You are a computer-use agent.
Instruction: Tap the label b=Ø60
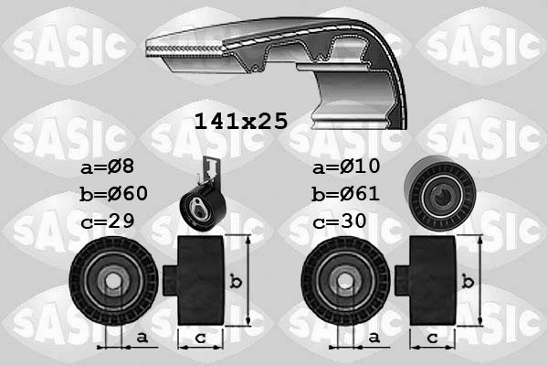(113, 194)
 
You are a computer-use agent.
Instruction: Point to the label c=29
(107, 222)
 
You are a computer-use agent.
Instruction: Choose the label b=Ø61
(345, 194)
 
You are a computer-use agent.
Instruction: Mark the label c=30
(339, 222)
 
